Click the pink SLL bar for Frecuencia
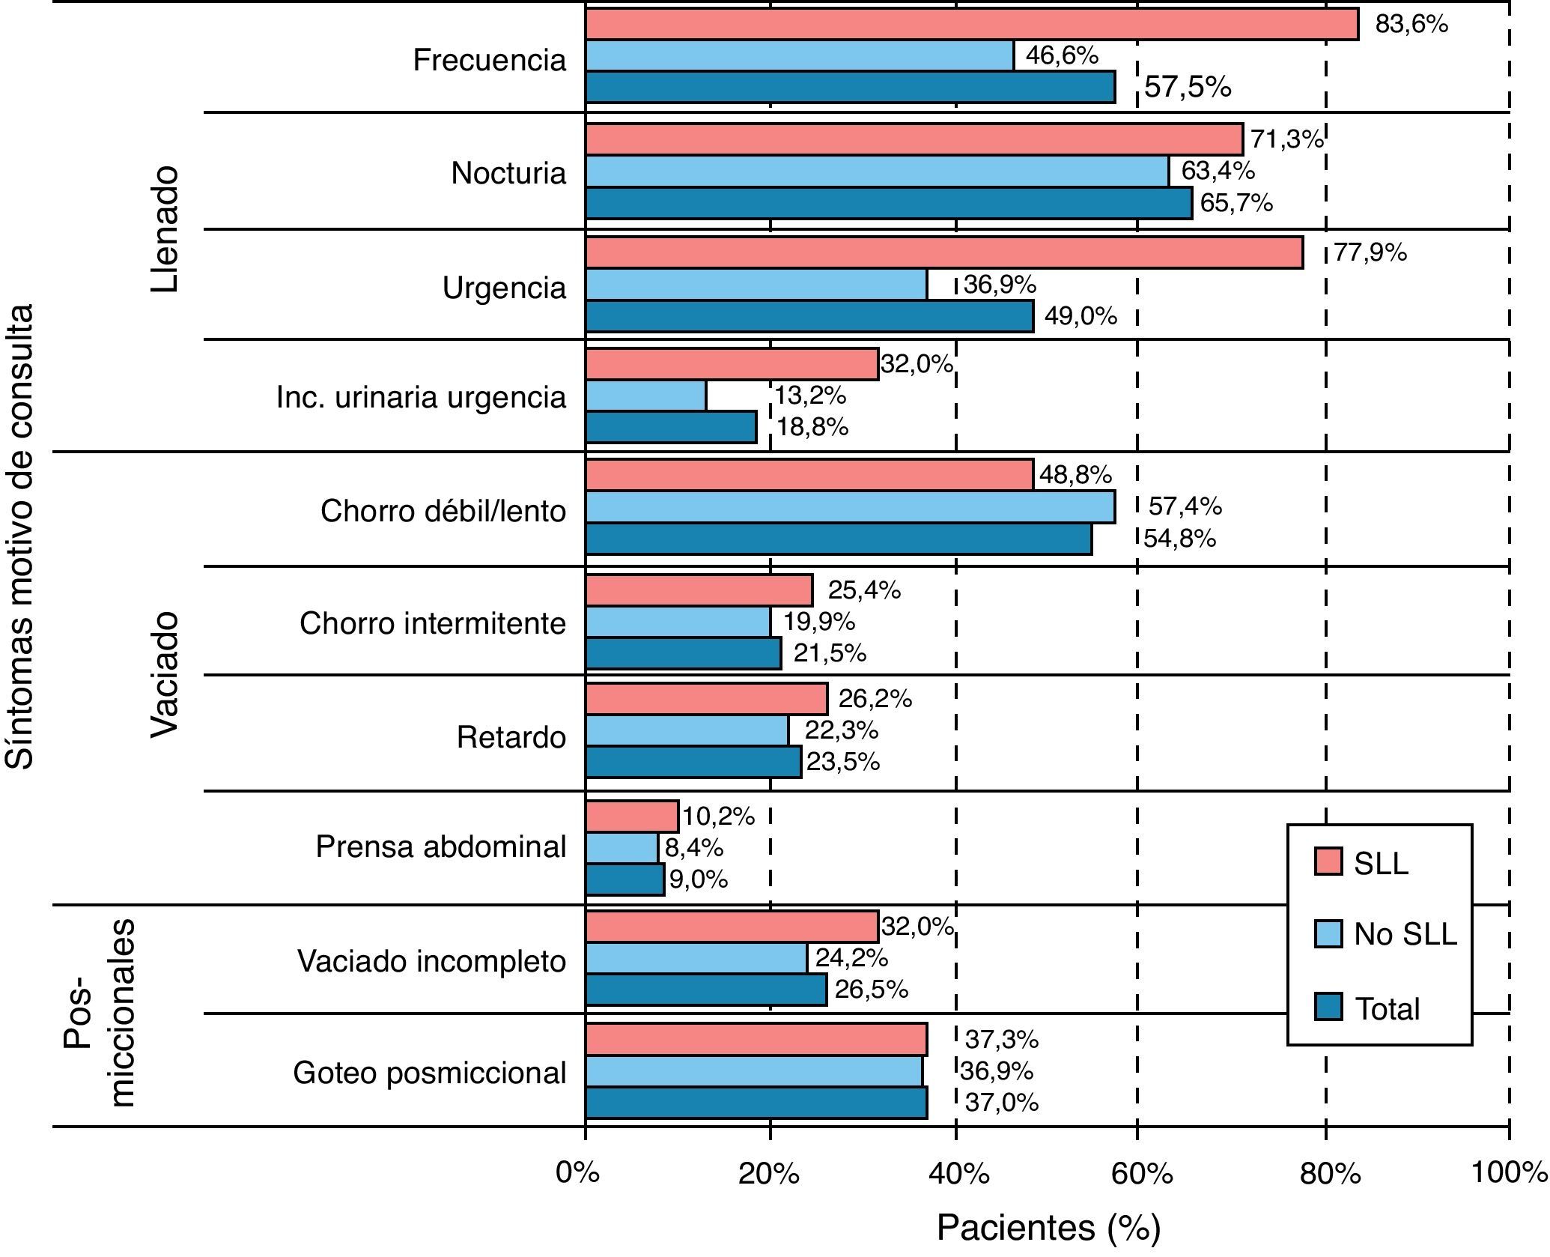[971, 24]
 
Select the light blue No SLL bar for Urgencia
[756, 285]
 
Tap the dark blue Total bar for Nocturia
[888, 203]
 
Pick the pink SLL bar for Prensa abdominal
[632, 816]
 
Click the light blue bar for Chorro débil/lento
[850, 506]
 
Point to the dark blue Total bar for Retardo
[693, 762]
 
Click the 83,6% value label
[1411, 25]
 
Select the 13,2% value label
[811, 395]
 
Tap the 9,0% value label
[699, 879]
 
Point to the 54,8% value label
[1179, 538]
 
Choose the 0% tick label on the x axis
[578, 1173]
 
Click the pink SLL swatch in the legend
[1328, 861]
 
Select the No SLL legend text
[1405, 934]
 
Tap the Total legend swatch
[1328, 1007]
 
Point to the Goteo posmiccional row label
[430, 1073]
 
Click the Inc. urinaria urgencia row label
[421, 397]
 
